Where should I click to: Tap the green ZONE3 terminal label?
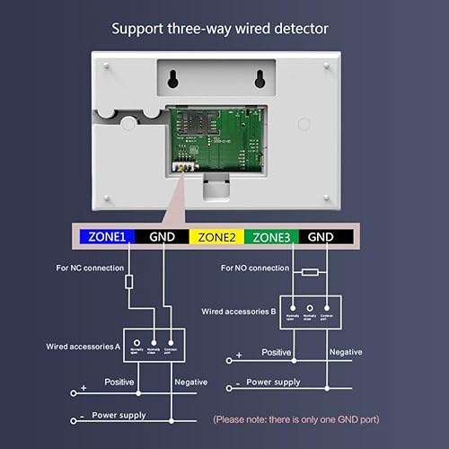click(271, 238)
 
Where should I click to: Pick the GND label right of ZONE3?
click(324, 238)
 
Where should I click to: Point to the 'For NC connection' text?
click(89, 268)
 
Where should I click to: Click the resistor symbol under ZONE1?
click(129, 281)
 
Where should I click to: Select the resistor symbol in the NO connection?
click(310, 271)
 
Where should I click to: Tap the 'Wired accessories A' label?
click(84, 346)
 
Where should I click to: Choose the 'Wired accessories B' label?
click(240, 312)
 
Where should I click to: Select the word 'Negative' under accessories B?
click(346, 352)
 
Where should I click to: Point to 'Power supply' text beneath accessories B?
click(275, 382)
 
